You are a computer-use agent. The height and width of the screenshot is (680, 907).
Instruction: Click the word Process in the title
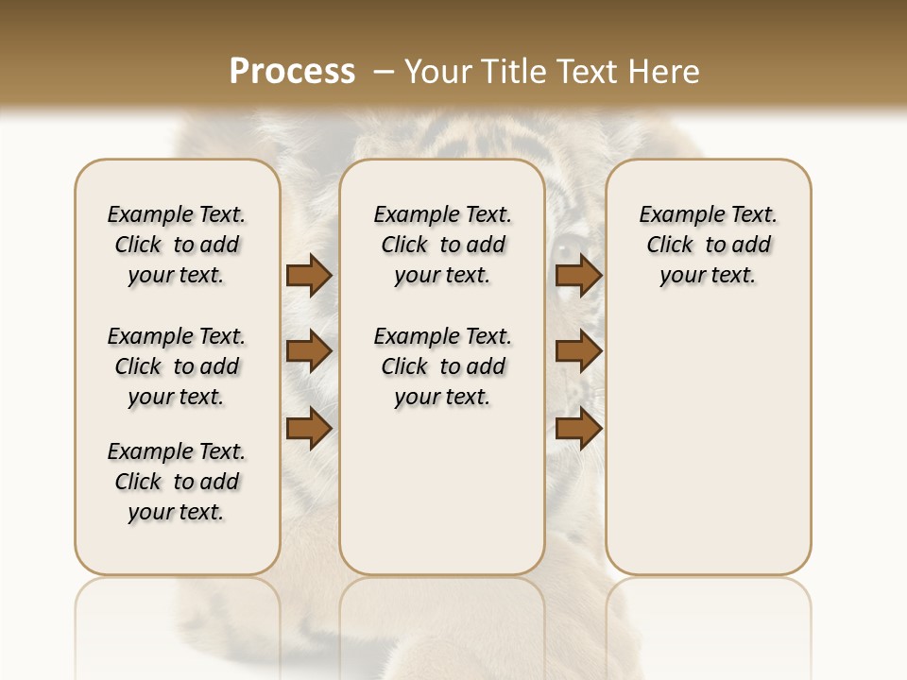point(292,72)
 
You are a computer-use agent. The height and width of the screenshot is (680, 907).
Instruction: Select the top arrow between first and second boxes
point(309,275)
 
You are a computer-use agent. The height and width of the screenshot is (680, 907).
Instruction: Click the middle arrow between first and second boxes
point(309,351)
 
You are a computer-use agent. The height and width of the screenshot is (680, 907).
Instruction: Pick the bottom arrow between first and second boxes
point(309,428)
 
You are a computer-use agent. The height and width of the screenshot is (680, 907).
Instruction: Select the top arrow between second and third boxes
point(579,275)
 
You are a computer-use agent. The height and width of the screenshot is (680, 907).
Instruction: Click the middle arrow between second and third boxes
point(579,351)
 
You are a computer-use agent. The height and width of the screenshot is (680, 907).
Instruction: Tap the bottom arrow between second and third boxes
point(579,428)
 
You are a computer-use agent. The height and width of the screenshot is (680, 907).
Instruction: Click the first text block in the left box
point(177,245)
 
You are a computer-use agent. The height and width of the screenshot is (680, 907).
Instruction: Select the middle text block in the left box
point(177,366)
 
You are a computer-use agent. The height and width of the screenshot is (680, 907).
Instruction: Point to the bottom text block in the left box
point(177,482)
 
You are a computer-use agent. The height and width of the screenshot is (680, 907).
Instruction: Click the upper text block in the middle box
point(442,245)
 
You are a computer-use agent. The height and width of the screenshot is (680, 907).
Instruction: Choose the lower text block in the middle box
point(442,366)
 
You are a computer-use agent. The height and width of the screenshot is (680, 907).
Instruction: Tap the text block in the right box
point(709,245)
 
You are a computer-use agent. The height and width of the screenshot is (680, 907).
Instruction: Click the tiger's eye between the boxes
point(568,249)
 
